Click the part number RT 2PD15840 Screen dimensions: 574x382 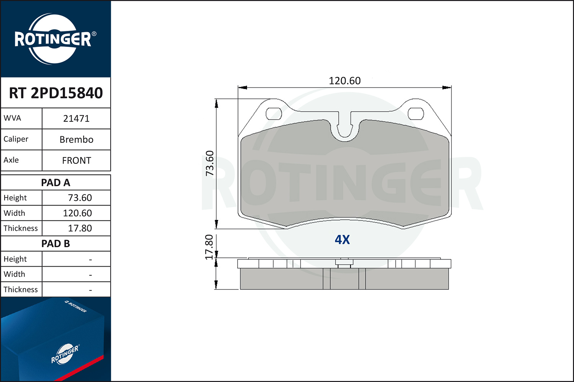point(56,93)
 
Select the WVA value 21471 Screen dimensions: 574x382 point(77,119)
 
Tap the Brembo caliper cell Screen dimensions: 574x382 point(77,140)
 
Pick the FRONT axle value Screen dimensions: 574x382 point(77,161)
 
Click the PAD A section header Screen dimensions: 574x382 point(55,183)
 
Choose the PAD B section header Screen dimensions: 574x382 point(55,244)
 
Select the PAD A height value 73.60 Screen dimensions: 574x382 point(80,198)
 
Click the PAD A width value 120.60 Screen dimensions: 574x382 point(77,213)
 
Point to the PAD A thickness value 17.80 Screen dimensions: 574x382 point(80,228)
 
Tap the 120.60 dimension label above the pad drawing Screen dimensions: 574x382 point(345,81)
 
